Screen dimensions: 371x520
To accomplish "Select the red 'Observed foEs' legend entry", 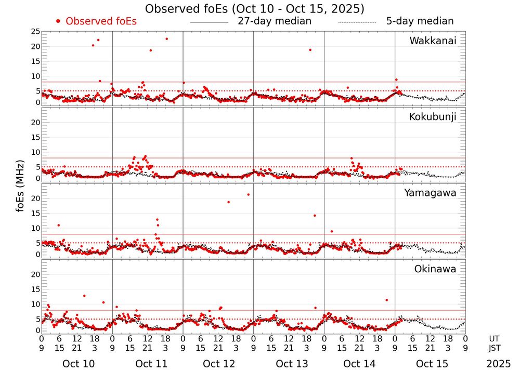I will point(96,21).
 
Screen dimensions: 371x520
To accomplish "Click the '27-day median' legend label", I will point(275,21).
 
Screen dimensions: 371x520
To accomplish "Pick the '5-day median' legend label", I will point(420,21).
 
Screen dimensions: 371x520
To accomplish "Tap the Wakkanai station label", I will point(433,41).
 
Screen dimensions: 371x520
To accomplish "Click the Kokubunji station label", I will point(433,117).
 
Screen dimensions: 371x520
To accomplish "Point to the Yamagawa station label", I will point(430,193).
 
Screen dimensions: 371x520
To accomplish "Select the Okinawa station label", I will point(435,269).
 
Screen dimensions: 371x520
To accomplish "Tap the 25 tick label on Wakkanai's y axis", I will point(36,32).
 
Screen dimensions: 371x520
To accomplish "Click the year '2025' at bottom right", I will point(499,364).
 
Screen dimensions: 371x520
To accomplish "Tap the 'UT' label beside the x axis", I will point(495,338).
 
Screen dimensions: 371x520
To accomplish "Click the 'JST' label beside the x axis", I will point(495,348).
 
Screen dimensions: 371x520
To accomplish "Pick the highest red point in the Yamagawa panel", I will point(249,194).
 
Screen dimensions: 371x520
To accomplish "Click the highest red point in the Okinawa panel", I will point(84,296).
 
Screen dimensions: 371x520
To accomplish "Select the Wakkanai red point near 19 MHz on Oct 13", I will point(310,50).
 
